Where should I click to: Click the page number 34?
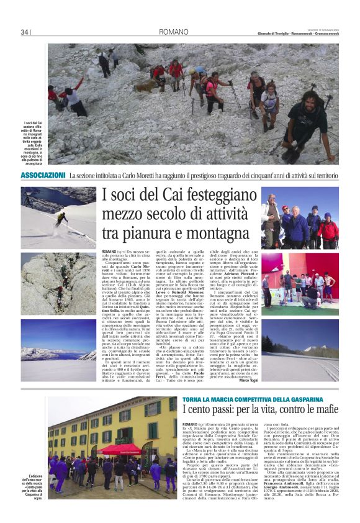point(25,32)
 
